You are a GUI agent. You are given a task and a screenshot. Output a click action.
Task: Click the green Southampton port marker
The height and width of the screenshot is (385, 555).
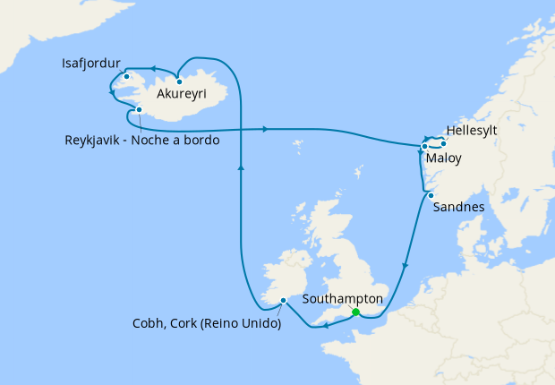point(355,312)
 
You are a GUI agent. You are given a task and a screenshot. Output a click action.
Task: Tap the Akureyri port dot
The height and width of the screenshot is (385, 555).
point(179,81)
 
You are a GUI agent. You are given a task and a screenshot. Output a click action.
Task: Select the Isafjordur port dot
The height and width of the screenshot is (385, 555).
point(127,76)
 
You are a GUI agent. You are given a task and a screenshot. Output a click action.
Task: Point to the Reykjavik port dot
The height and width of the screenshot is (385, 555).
point(140,110)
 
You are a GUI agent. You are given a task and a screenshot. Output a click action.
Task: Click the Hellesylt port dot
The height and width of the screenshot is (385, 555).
point(443,143)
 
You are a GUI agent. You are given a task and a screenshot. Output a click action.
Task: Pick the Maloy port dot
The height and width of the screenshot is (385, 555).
point(424,146)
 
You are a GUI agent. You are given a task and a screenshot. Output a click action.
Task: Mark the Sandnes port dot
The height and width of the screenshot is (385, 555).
point(431,195)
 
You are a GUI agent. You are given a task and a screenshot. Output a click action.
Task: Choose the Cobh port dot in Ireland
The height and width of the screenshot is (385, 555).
point(283,301)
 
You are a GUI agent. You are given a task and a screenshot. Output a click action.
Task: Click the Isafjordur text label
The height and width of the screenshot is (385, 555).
point(92,64)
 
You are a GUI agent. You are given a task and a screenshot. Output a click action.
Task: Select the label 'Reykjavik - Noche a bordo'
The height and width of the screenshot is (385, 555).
point(142,140)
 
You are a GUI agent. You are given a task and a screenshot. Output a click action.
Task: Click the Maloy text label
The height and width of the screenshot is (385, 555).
point(444,159)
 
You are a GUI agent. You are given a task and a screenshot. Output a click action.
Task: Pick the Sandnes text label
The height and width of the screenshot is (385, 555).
point(458,207)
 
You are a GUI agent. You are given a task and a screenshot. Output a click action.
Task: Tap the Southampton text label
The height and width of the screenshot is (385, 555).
point(343,299)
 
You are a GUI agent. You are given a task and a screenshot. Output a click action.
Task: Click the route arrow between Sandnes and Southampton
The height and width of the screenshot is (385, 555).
point(406,266)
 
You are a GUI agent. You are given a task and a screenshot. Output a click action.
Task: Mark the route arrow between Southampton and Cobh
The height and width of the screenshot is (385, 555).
point(323,327)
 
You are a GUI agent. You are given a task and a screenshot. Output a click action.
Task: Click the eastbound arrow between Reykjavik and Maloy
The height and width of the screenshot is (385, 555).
point(266,130)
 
